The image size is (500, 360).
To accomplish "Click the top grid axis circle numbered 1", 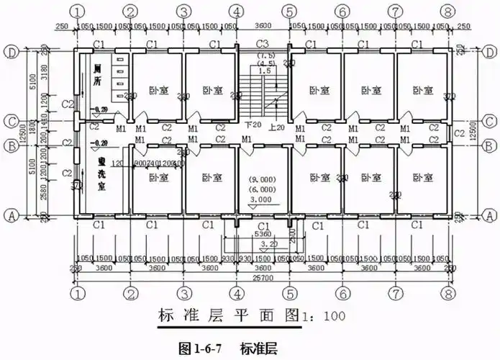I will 77,12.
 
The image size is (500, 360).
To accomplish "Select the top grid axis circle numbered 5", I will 289,12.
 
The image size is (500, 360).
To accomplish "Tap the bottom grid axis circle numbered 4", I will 237,294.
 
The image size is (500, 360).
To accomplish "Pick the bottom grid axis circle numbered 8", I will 449,294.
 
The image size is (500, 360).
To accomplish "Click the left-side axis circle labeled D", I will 12,53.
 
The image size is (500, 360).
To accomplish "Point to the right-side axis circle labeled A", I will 488,214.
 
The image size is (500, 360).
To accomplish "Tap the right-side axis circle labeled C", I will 488,120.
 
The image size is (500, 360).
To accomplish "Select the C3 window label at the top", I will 263,45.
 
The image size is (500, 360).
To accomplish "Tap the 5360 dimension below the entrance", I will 263,234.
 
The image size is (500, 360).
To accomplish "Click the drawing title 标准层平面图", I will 233,315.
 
